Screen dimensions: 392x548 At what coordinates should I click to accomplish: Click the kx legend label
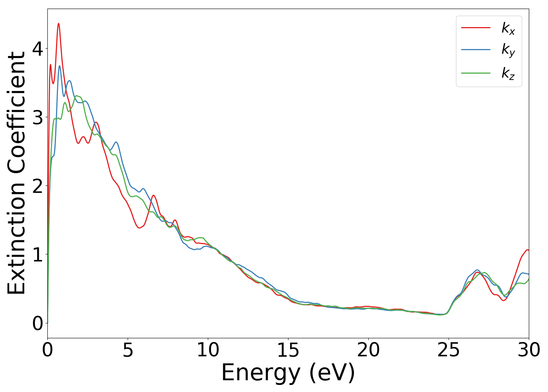(508, 28)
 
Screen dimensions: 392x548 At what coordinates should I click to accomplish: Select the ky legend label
(508, 51)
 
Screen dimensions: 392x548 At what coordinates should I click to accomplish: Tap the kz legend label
(508, 73)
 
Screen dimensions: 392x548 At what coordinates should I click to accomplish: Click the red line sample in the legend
(476, 27)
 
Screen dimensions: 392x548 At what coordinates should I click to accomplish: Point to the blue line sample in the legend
(476, 50)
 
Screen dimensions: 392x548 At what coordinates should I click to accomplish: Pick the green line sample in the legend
(476, 73)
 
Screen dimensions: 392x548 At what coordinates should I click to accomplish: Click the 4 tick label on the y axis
(38, 49)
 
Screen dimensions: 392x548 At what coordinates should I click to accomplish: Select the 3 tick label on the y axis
(38, 117)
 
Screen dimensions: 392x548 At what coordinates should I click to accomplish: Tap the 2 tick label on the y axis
(38, 186)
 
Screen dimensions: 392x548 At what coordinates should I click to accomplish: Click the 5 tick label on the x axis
(128, 350)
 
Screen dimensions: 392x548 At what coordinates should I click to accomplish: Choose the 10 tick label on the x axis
(208, 350)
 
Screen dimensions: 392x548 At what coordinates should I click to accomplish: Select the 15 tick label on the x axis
(288, 350)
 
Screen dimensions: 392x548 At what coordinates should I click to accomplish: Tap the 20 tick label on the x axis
(368, 350)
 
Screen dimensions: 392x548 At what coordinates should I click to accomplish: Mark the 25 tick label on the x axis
(449, 350)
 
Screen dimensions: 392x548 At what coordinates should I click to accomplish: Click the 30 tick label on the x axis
(529, 350)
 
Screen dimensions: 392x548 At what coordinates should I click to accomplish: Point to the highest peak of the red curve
(59, 24)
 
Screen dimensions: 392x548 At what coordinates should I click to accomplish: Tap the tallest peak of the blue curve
(59, 66)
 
